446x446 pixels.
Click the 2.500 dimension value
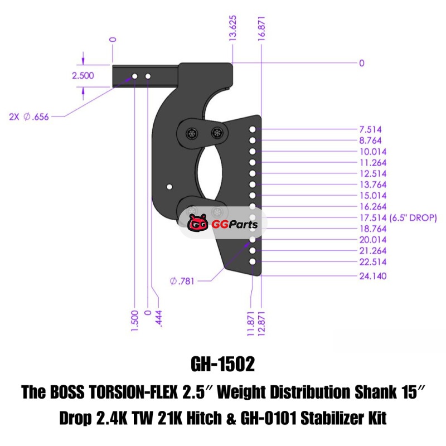pyautogui.click(x=83, y=76)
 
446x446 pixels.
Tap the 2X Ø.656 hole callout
pyautogui.click(x=29, y=117)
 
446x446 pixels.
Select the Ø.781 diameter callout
pyautogui.click(x=182, y=281)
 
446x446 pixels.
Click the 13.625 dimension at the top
pyautogui.click(x=232, y=28)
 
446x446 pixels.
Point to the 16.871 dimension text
pyautogui.click(x=261, y=29)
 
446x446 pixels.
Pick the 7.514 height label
pyautogui.click(x=370, y=129)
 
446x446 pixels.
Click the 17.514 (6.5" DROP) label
pyautogui.click(x=398, y=218)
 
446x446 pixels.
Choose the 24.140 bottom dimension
pyautogui.click(x=373, y=276)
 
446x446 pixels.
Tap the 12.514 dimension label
pyautogui.click(x=373, y=173)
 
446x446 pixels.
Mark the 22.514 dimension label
pyautogui.click(x=373, y=261)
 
